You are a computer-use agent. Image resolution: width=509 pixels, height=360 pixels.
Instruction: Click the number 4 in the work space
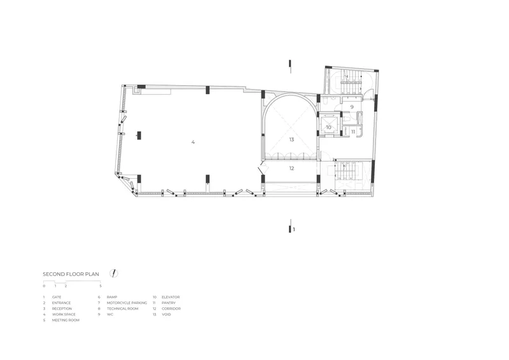(193, 142)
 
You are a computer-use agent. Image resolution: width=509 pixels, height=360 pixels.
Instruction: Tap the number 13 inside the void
(291, 139)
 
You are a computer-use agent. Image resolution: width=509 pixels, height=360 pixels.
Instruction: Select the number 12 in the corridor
(291, 168)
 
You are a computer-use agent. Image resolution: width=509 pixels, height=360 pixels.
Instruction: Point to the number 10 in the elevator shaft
(328, 128)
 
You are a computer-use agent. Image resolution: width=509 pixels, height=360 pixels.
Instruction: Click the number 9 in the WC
(352, 107)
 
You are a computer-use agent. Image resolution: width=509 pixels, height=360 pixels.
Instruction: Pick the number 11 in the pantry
(353, 132)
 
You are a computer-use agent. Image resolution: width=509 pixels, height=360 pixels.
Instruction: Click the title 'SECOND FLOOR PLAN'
(71, 274)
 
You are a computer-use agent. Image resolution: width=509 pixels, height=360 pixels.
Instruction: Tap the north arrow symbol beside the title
(114, 273)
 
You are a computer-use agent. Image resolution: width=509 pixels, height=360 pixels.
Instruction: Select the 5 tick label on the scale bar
(101, 286)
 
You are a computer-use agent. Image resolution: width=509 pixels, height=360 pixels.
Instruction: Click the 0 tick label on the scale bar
(44, 286)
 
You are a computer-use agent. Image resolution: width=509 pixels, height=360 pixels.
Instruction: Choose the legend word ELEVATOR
(171, 297)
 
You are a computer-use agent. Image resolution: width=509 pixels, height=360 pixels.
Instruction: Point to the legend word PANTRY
(169, 303)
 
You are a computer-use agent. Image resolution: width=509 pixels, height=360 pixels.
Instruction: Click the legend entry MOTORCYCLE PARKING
(127, 303)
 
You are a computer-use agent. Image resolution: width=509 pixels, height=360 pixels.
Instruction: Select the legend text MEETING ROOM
(66, 320)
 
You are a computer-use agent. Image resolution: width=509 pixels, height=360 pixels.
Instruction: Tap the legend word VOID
(166, 314)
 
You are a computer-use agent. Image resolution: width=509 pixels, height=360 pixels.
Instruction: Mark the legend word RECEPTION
(62, 308)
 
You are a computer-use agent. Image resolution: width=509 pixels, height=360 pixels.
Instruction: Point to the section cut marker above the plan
(290, 66)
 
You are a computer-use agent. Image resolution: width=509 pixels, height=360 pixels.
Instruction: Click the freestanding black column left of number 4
(139, 135)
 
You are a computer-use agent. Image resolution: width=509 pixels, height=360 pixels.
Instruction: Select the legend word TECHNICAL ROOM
(122, 308)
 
